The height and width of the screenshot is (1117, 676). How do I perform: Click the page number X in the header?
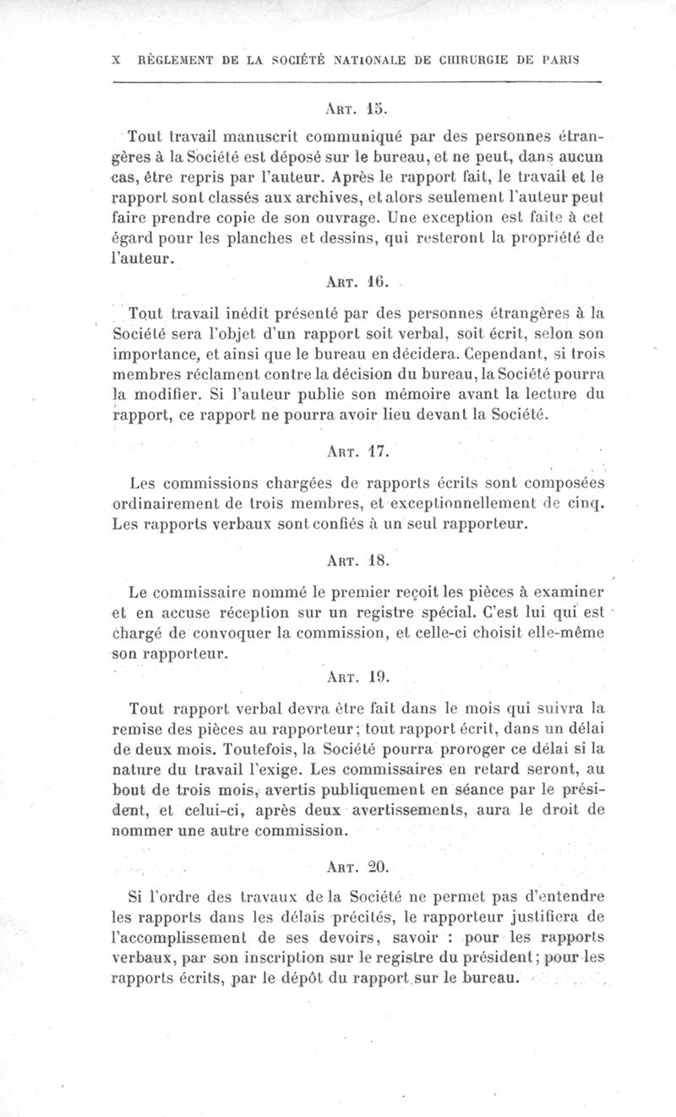[x=115, y=61]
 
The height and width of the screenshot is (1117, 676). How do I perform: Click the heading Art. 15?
[x=355, y=109]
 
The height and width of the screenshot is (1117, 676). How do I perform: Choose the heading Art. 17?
[x=355, y=452]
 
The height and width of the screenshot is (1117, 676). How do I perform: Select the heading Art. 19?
[x=355, y=676]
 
